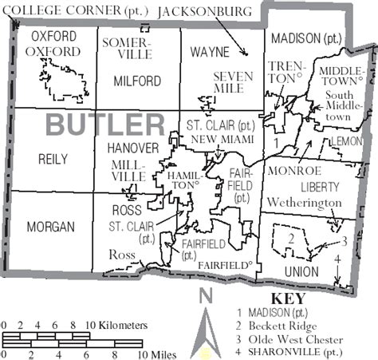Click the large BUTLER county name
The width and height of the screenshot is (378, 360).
[104, 125]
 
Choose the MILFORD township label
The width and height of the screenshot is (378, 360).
[137, 81]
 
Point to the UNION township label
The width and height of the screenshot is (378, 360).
[300, 271]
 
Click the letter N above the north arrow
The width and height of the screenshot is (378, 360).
[207, 295]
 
